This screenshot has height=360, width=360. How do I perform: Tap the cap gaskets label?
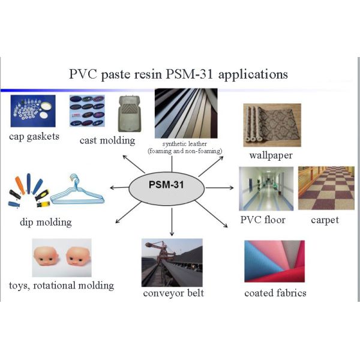click(x=34, y=136)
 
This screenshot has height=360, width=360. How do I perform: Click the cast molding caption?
click(x=107, y=141)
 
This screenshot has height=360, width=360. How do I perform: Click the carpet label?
click(x=325, y=220)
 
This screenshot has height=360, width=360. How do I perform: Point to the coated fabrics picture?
click(x=274, y=261)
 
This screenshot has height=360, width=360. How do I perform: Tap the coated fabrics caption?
click(x=275, y=293)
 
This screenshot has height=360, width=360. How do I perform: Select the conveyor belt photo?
click(x=173, y=262)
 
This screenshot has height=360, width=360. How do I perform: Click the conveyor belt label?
click(x=173, y=293)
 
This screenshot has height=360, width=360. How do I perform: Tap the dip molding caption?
click(x=44, y=223)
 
